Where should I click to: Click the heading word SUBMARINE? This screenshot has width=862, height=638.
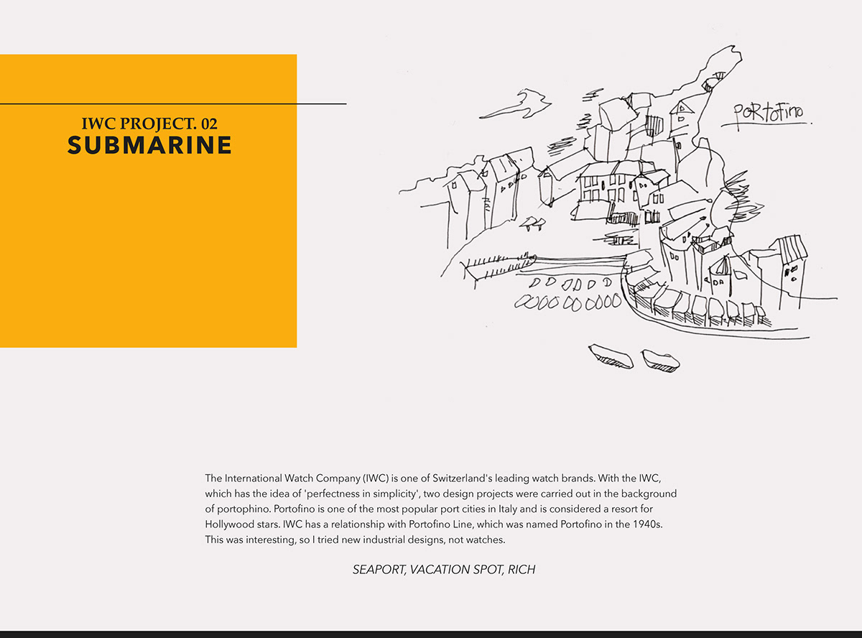click(x=149, y=145)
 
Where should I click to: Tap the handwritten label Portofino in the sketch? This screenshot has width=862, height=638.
click(x=768, y=114)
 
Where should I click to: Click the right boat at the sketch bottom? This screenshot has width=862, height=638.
click(x=660, y=361)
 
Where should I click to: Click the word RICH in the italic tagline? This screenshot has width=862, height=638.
click(x=522, y=570)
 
